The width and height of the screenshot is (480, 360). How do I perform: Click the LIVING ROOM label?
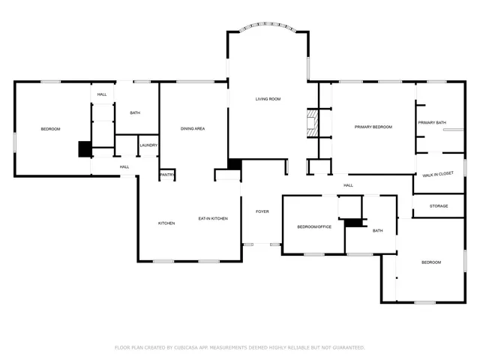coord(268,99)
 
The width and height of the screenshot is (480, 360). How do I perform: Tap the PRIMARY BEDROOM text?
coord(373,127)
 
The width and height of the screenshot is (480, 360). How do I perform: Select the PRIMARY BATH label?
coord(432,122)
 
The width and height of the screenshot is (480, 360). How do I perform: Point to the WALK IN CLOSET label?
coord(438,175)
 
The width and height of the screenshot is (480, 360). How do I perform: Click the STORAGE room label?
coord(439,205)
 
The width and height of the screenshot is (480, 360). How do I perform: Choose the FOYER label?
coord(262,211)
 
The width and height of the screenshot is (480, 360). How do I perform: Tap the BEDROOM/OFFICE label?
coord(314,226)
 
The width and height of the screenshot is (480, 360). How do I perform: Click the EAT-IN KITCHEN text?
coord(213,218)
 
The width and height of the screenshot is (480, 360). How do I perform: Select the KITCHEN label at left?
coord(166,223)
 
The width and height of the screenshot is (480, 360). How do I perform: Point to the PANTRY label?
coord(166,175)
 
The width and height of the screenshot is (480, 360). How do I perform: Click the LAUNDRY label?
coord(148,145)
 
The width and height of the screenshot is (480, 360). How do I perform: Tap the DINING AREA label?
coord(193,129)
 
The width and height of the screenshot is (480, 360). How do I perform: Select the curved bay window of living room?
coord(268,28)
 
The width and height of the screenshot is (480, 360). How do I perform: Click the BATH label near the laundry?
coord(135,113)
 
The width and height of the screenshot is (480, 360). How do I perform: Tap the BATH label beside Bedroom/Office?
coord(377,231)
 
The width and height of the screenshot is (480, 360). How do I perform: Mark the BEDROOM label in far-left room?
coord(50,129)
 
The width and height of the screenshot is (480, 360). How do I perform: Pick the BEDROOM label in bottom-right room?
coord(430,262)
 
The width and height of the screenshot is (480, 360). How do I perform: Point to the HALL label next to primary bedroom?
coord(348,185)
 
